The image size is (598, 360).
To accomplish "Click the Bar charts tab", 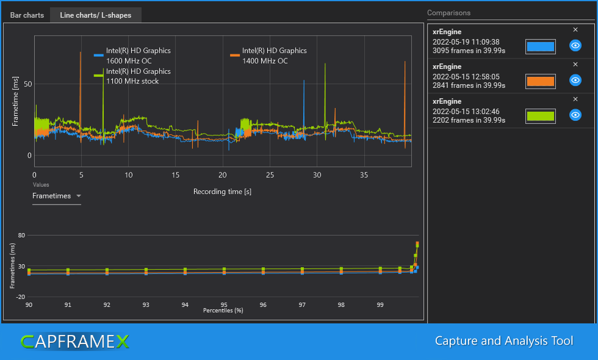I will (x=27, y=15).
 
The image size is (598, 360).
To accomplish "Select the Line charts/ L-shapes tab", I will (x=95, y=15).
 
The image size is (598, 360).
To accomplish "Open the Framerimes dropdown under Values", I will (x=57, y=196).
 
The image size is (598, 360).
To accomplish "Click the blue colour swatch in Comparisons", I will (x=540, y=46).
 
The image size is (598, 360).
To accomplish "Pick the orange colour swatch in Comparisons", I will (x=540, y=81).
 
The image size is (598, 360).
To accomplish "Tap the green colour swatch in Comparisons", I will (x=540, y=116).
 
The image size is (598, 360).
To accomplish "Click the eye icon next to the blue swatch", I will (x=575, y=46).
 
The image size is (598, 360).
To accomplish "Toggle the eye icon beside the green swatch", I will (x=575, y=115).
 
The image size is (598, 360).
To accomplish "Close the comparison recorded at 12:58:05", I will (x=575, y=64).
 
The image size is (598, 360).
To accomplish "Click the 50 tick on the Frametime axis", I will (x=27, y=84).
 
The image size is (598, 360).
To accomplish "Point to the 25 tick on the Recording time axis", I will (x=270, y=176).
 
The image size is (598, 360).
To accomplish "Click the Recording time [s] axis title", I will (x=222, y=192).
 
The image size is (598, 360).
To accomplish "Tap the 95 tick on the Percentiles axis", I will (x=224, y=304).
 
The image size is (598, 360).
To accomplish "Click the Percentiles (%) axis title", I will (x=223, y=311).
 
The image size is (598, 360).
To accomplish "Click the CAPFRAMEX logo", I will (x=74, y=341).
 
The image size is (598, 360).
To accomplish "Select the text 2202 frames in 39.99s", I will (x=469, y=120).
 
